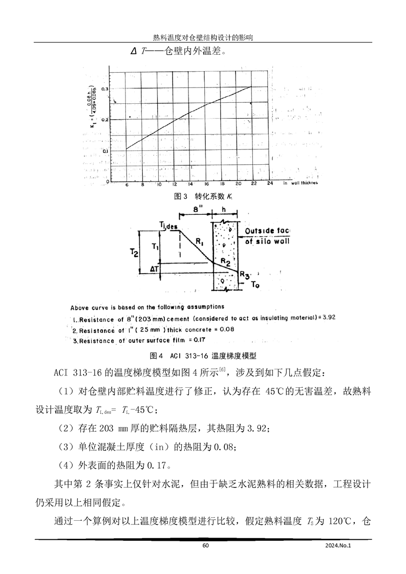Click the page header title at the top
pos(203,38)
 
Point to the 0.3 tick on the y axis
pos(105,89)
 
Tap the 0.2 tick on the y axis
pos(105,120)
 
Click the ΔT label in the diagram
pos(153,268)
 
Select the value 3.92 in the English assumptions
pos(324,317)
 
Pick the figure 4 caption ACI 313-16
pos(203,355)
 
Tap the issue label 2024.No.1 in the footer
pos(339,545)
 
